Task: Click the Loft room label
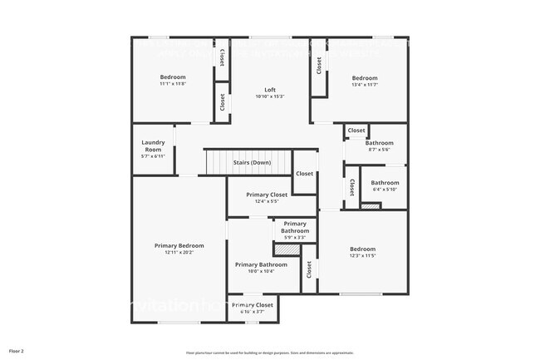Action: [270, 90]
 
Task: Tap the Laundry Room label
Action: [153, 145]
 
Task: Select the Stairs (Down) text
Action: [251, 162]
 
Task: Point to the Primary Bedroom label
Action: [179, 245]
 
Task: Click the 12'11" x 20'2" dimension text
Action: [179, 253]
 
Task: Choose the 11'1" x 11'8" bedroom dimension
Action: [173, 83]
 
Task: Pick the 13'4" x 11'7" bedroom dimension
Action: [364, 84]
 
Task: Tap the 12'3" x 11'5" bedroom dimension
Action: [362, 255]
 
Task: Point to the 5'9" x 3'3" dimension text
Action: [294, 238]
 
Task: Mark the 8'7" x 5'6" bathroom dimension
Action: [380, 150]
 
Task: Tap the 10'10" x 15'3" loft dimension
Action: [270, 96]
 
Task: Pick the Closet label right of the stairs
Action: [305, 174]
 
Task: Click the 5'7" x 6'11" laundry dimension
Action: [153, 156]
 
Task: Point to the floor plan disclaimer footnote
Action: [270, 353]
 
